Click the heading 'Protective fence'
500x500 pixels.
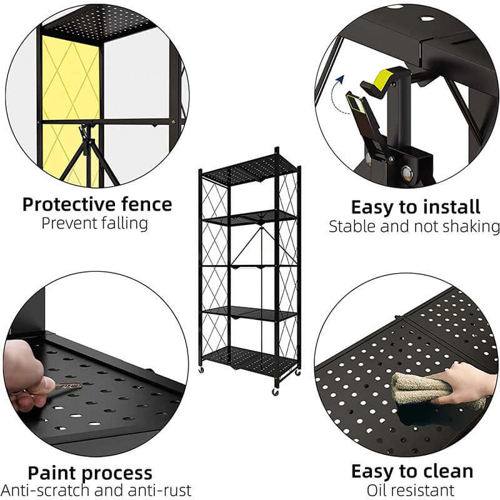[x=97, y=204]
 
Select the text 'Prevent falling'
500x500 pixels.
[x=95, y=224]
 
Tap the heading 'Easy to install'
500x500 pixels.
[x=415, y=207]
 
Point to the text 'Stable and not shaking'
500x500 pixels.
[x=414, y=226]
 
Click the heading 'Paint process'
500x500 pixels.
[x=89, y=472]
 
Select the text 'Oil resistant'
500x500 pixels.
[x=411, y=490]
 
